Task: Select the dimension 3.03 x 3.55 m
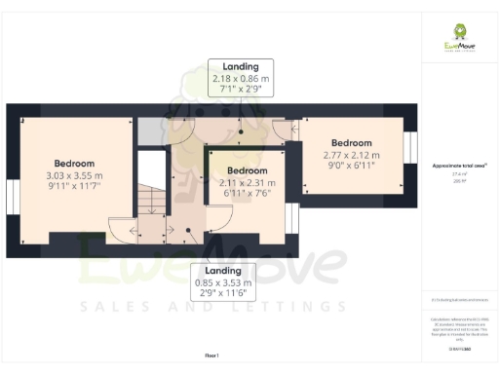coord(73,176)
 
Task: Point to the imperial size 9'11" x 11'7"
coord(73,187)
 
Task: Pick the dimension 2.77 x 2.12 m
coord(352,155)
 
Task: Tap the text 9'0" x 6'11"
coord(352,166)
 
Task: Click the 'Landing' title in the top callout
coord(240,67)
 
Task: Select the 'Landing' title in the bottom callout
coord(223,273)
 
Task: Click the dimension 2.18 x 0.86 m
coord(240,79)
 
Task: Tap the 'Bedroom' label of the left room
coord(74,164)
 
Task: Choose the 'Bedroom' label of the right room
coord(352,142)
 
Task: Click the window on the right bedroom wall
coord(409,150)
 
